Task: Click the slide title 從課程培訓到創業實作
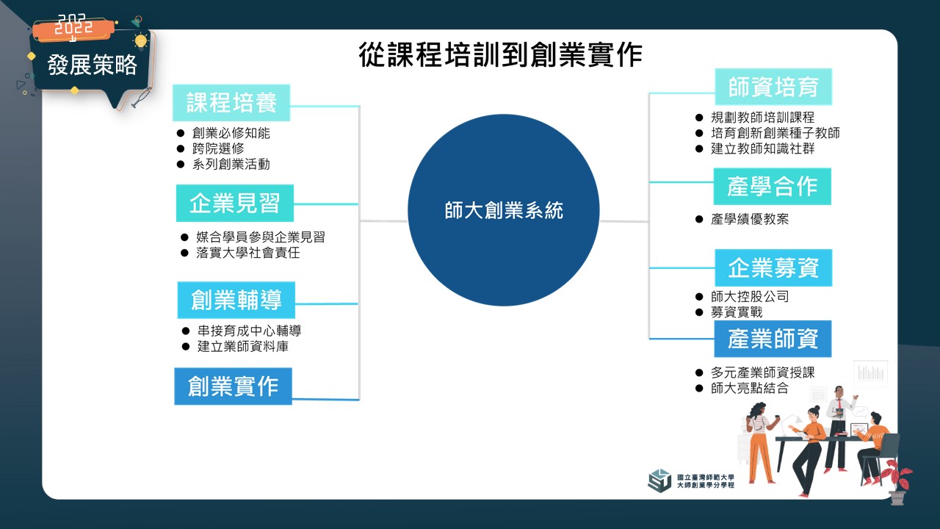point(500,54)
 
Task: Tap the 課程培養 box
point(231,103)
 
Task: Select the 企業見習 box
point(234,204)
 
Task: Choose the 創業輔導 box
point(236,300)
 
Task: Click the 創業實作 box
point(233,386)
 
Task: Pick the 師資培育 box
point(773,87)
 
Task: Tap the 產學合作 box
point(772,187)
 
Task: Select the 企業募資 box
point(773,268)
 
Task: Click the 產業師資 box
point(773,339)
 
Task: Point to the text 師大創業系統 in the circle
point(504,210)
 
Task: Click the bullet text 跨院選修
point(218,148)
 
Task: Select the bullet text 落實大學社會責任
point(248,253)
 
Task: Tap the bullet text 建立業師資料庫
point(243,346)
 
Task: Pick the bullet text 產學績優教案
point(750,219)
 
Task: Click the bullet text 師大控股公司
point(750,297)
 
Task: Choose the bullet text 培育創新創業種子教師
point(775,133)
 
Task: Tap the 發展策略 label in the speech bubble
point(93,65)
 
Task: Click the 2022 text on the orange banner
point(74,26)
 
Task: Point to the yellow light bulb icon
point(140,42)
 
